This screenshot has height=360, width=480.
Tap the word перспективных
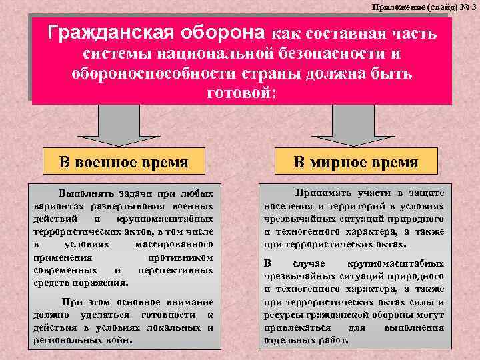tap(175, 271)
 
